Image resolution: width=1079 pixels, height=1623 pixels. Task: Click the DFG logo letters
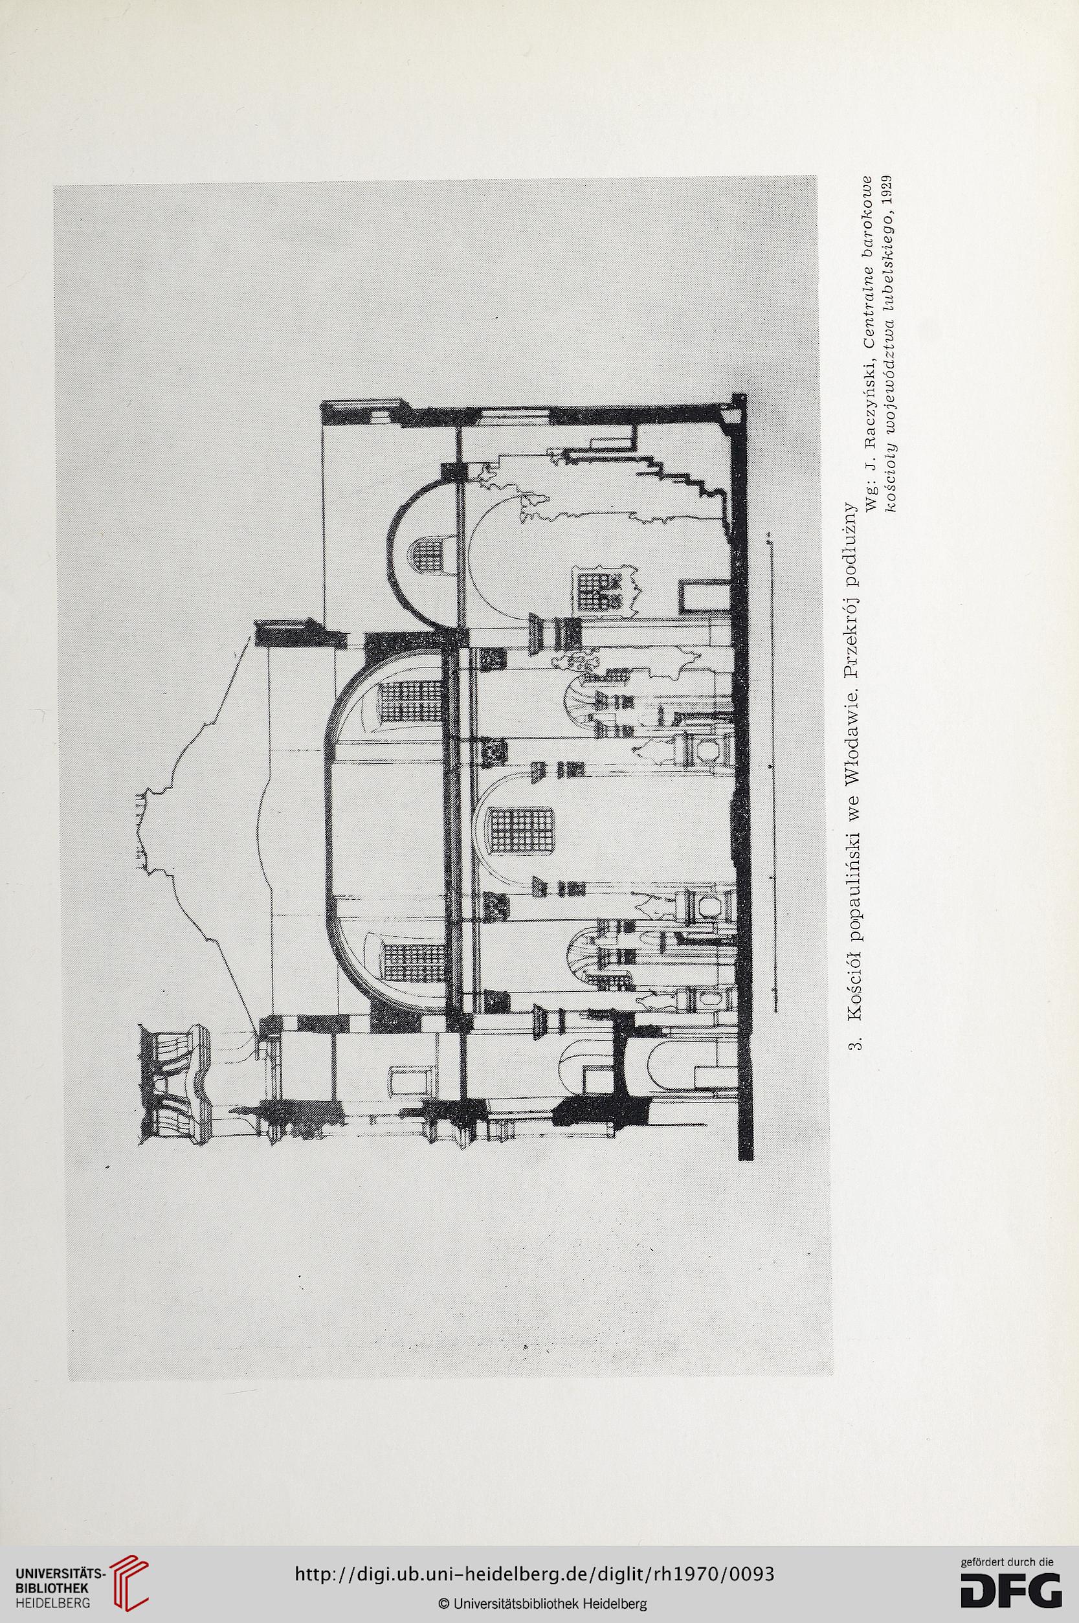coord(1011,1584)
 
